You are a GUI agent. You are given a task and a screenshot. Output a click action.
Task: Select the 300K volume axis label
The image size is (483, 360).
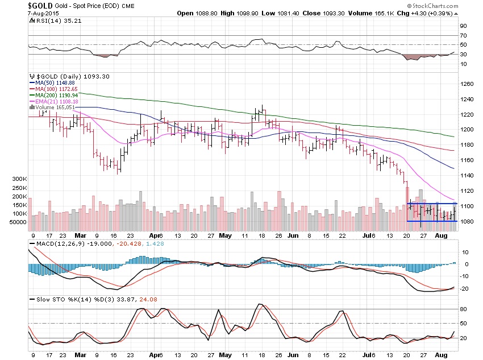[x=19, y=179]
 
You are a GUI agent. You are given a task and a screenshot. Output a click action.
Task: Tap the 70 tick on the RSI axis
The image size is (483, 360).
[x=463, y=36]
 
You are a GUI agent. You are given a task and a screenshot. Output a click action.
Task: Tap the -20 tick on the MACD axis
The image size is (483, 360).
[x=464, y=288]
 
